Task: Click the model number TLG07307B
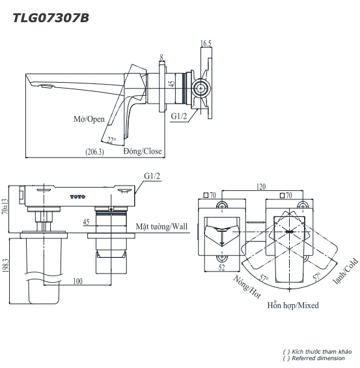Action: click(51, 18)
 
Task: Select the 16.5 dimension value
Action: click(206, 44)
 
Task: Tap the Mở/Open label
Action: click(89, 119)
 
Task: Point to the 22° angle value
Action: click(112, 139)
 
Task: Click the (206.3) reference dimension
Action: click(94, 152)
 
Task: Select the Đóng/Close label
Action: click(143, 151)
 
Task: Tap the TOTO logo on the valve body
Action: click(77, 196)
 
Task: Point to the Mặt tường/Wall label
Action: click(161, 226)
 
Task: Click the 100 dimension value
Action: click(77, 281)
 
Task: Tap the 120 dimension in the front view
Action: click(260, 186)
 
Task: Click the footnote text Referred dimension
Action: click(318, 358)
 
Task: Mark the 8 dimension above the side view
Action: click(161, 57)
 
